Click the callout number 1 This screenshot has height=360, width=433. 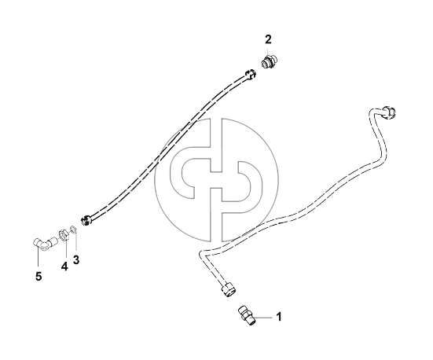click(x=279, y=317)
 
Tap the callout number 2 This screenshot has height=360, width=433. click(x=268, y=39)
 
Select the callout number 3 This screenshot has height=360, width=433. click(x=76, y=259)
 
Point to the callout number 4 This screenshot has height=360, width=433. click(x=64, y=266)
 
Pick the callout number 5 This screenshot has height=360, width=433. click(x=39, y=276)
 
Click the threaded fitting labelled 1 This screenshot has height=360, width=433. click(x=247, y=315)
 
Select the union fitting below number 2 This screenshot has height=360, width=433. click(x=269, y=61)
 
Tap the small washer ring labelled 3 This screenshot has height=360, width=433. click(x=73, y=229)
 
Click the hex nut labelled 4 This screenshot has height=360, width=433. click(x=64, y=235)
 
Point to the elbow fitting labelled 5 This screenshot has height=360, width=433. click(x=45, y=244)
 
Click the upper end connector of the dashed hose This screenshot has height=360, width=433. click(x=250, y=75)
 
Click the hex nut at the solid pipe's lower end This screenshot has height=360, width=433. click(x=229, y=289)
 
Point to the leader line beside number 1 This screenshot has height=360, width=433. click(x=263, y=318)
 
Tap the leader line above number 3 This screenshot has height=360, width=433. click(x=75, y=242)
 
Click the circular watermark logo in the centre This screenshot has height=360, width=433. click(x=217, y=180)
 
